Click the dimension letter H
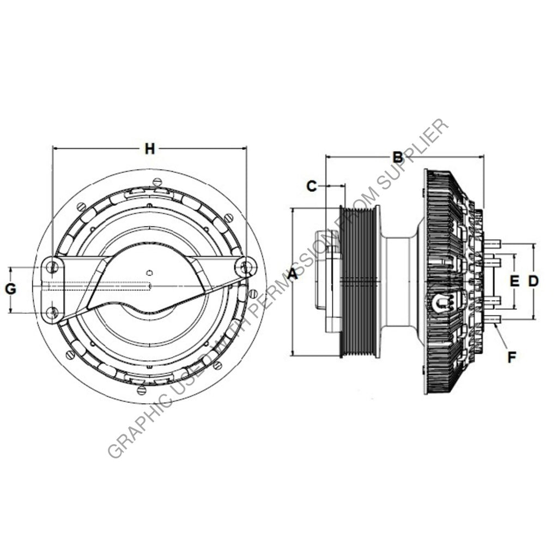click(x=149, y=148)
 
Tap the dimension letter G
click(x=11, y=289)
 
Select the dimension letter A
click(x=293, y=274)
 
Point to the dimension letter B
click(x=398, y=157)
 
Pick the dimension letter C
click(x=311, y=186)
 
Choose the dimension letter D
click(x=533, y=281)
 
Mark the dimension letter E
click(x=514, y=281)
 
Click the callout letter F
click(x=511, y=357)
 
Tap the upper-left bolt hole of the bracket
click(x=52, y=267)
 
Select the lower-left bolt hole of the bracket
click(x=52, y=312)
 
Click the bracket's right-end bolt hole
click(x=246, y=267)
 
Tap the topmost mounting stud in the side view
click(x=492, y=244)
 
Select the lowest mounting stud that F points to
click(x=492, y=320)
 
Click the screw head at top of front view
click(x=157, y=181)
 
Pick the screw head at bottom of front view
click(x=142, y=390)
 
